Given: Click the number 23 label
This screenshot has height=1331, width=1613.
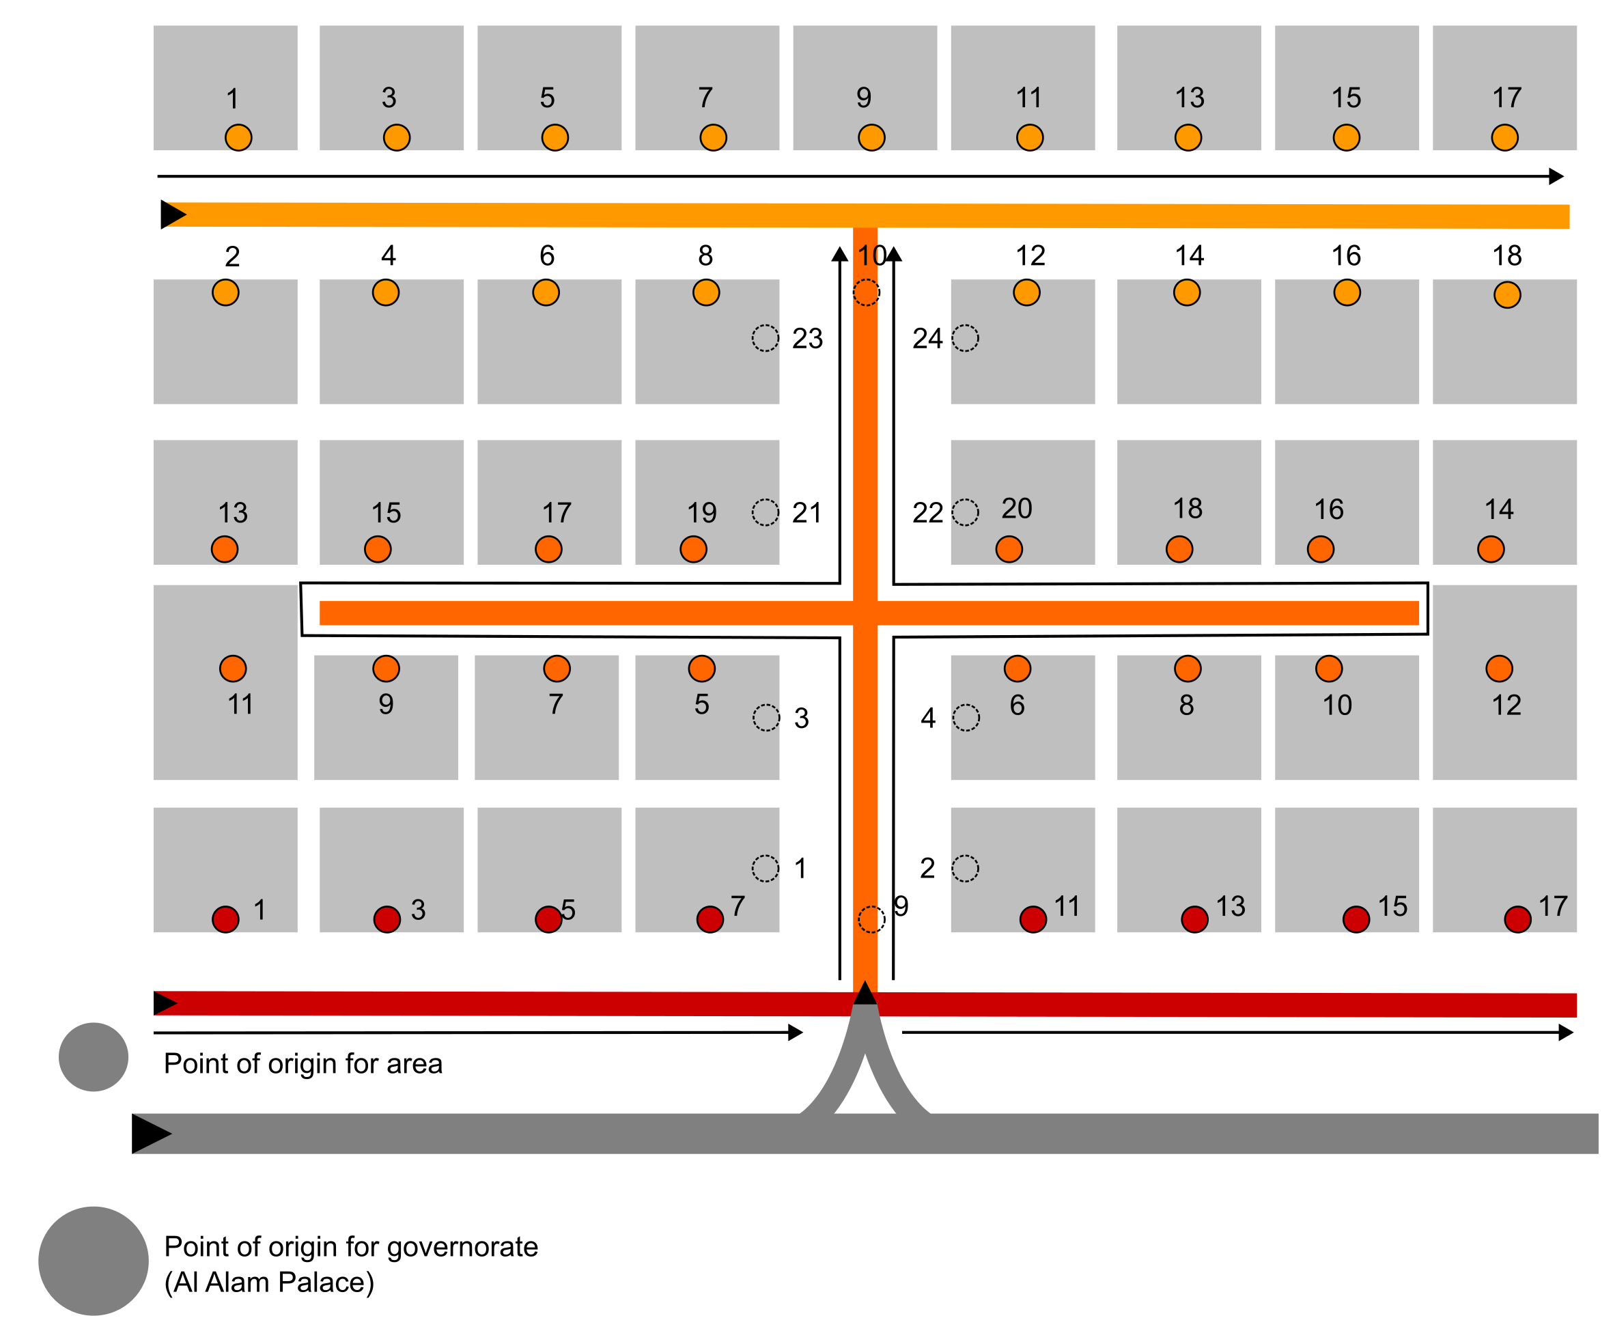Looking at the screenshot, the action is pos(806,338).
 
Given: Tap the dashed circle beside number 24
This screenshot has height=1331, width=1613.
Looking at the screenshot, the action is pos(964,337).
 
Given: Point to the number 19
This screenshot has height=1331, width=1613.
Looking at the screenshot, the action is pos(701,512).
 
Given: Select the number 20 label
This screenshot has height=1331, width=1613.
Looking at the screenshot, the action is pos(1017,508).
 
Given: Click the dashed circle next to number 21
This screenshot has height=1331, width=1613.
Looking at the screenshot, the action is pos(764,512).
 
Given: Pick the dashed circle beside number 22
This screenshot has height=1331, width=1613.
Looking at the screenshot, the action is pos(964,512).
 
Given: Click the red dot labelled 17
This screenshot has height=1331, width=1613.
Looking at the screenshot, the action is pos(1517,919).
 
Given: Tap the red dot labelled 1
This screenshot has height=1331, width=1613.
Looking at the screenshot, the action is pos(225,919).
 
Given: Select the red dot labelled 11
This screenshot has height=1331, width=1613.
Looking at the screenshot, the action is pos(1033,919).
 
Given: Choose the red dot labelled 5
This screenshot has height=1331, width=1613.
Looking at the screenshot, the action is pos(548,919).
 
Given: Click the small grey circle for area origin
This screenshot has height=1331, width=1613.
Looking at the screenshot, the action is pos(94,1056).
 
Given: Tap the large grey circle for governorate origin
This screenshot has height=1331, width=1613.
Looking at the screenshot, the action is pos(94,1261).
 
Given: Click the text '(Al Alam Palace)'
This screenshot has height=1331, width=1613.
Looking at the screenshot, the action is pos(269,1282).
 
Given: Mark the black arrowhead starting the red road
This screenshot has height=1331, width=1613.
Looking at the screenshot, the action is pos(165,1003).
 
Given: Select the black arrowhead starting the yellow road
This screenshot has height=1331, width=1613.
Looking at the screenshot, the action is pos(173,214).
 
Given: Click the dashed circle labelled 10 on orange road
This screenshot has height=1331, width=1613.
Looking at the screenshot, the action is pos(867,292).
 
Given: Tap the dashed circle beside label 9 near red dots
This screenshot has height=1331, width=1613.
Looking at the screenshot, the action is pos(871,919).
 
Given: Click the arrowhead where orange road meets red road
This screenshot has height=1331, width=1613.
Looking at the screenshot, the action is pos(865,992).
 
